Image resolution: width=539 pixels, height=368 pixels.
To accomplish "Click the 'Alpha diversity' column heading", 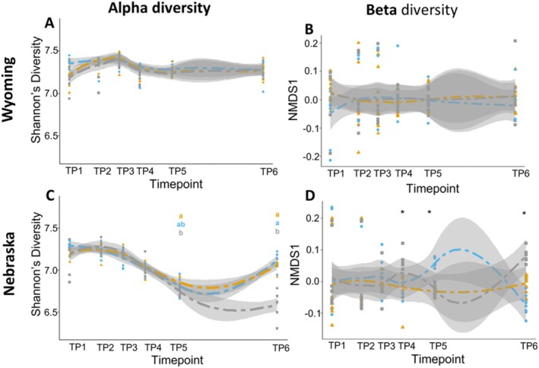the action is tap(159, 8).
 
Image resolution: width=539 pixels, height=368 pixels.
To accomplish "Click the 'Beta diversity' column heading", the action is tap(411, 11).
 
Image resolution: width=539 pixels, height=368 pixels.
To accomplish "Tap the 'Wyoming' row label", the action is tap(9, 89).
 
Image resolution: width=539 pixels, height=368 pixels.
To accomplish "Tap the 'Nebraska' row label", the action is tap(9, 264).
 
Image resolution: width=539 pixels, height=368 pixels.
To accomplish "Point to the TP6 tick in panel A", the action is tap(269, 172).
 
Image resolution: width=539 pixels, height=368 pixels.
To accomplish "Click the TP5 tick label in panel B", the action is tap(433, 173).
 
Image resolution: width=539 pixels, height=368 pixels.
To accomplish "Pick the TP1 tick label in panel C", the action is tap(78, 347).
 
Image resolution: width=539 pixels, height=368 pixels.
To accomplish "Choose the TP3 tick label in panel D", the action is tap(387, 346).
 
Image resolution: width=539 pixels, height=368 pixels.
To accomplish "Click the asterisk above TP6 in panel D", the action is tap(525, 214).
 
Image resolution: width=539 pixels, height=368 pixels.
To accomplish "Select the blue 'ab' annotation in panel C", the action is tap(181, 224).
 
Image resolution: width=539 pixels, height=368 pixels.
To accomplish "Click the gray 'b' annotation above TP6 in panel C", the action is tap(277, 231).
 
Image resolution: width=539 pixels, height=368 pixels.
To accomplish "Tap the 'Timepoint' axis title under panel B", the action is tap(433, 189).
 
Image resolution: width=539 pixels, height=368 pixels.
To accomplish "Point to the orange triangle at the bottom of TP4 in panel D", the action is tap(403, 327).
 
